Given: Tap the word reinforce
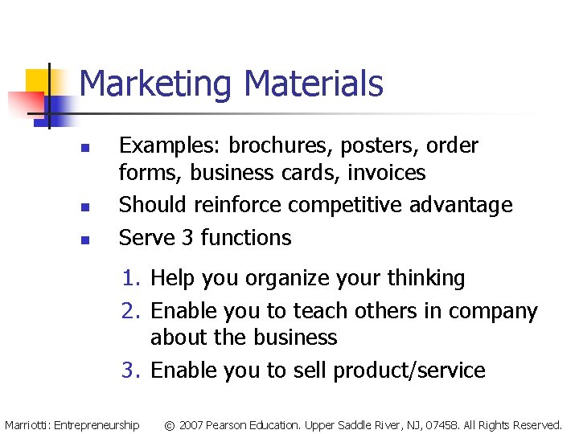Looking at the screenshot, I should point(240,206).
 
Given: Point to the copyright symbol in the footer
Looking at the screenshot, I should point(170,424).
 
